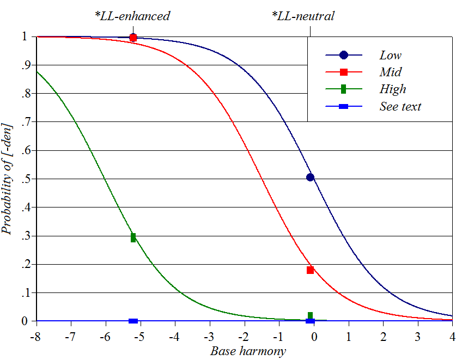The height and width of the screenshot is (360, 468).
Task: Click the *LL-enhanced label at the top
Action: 132,16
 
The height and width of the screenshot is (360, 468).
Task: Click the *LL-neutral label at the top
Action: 303,16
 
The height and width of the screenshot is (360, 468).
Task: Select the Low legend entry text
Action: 391,55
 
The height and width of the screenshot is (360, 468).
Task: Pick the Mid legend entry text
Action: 391,72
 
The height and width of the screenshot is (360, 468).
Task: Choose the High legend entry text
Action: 393,89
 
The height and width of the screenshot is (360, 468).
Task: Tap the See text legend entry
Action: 400,106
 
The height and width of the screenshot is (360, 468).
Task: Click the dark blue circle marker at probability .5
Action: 310,177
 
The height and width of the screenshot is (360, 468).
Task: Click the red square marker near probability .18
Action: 310,270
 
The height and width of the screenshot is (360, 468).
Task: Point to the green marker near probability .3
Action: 133,237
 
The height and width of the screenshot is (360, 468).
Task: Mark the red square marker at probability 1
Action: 133,38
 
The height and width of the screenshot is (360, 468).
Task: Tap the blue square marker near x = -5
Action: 133,321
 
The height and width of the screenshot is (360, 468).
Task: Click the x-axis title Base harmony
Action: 248,351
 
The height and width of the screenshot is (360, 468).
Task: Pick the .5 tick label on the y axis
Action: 24,179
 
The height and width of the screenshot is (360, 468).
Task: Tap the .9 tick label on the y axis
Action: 24,65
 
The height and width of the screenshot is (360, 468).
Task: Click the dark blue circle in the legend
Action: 343,55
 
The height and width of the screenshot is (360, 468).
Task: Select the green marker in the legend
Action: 343,89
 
